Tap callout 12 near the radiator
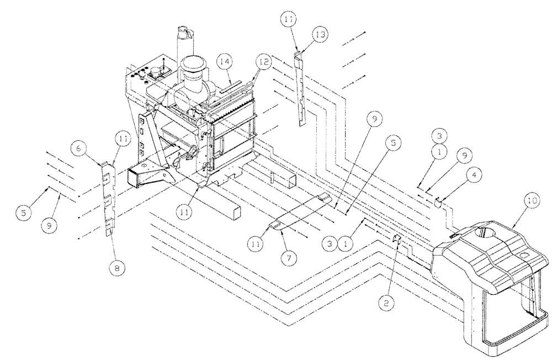coord(263,63)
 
